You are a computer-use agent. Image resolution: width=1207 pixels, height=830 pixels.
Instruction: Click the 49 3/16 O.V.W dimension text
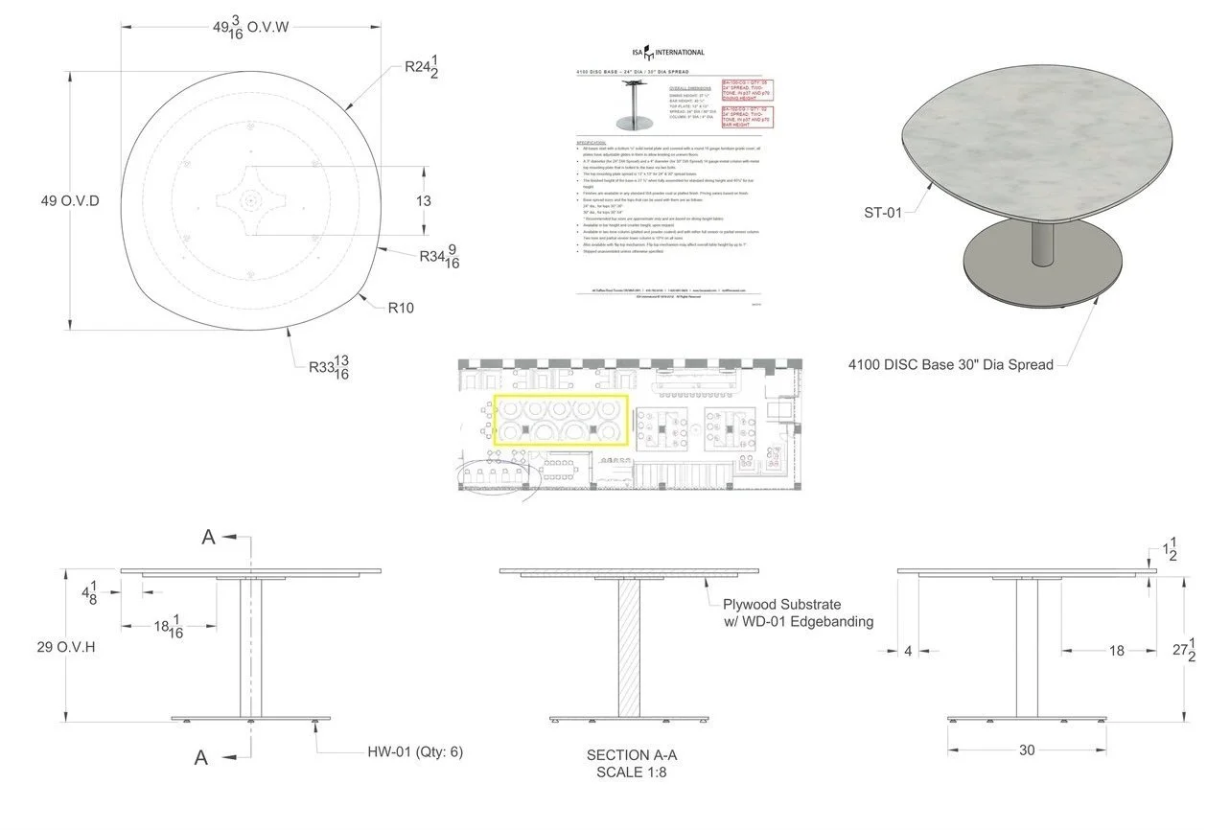pos(250,29)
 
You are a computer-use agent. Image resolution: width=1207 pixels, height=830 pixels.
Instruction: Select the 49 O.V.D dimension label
pos(70,200)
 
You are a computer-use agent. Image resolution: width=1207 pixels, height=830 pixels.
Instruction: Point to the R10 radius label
pos(401,309)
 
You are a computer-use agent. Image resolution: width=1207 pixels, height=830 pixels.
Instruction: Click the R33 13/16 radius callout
pos(329,366)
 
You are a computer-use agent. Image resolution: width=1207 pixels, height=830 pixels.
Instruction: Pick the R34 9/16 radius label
pos(439,256)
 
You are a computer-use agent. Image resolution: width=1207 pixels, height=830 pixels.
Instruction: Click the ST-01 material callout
pos(882,212)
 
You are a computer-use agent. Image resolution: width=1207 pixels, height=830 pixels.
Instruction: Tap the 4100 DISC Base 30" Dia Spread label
pos(950,364)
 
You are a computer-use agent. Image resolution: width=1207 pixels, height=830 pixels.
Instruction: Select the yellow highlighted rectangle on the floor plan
pos(561,421)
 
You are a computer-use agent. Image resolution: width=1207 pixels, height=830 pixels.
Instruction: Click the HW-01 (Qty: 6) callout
pos(415,752)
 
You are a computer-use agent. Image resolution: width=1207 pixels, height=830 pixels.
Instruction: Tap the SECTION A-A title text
pos(634,755)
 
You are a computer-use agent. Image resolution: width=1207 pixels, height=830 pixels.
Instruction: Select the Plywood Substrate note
pos(781,604)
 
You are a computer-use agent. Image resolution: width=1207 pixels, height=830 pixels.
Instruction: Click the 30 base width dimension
pos(1027,750)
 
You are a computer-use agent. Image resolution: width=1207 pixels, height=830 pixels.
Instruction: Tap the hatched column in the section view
pos(629,650)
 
